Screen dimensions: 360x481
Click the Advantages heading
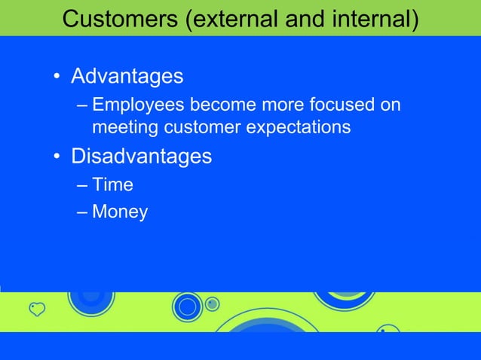[x=127, y=77]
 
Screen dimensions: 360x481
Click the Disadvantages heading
[x=141, y=157]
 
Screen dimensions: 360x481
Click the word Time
[x=112, y=184]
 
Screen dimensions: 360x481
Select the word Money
[x=120, y=212]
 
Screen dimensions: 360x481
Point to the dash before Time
[x=82, y=185]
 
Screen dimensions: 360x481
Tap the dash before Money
[x=82, y=212]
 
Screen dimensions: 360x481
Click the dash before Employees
[x=82, y=105]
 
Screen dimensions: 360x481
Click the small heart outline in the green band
[x=37, y=308]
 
